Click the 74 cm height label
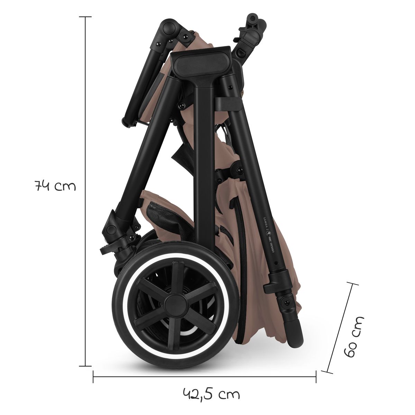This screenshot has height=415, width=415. [55, 187]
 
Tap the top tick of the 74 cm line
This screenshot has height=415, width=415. [85, 17]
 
